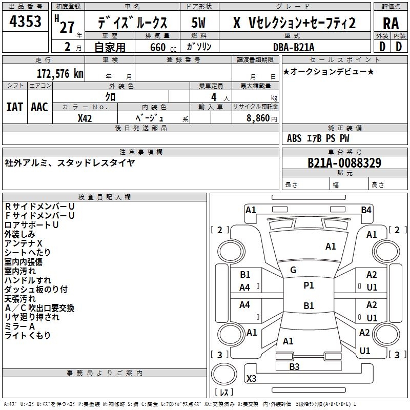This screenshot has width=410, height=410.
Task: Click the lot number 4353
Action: pyautogui.click(x=25, y=22)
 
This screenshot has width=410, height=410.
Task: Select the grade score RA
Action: pyautogui.click(x=391, y=24)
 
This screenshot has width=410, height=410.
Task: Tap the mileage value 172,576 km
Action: pyautogui.click(x=60, y=74)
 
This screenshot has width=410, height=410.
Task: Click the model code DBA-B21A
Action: pyautogui.click(x=294, y=47)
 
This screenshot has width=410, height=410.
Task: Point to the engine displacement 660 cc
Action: pyautogui.click(x=163, y=48)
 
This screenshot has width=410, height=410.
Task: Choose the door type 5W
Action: pyautogui.click(x=198, y=23)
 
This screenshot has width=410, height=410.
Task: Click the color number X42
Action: pyautogui.click(x=85, y=118)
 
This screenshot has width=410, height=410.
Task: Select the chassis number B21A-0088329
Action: pyautogui.click(x=344, y=163)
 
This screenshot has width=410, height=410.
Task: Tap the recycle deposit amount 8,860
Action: pyautogui.click(x=258, y=118)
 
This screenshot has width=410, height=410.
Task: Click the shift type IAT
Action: pyautogui.click(x=14, y=107)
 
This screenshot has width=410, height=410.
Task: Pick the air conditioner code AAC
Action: pyautogui.click(x=39, y=107)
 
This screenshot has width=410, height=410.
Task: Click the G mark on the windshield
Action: pyautogui.click(x=293, y=270)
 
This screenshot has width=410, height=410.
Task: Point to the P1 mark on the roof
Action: pyautogui.click(x=309, y=285)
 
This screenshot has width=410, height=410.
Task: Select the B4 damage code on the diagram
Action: pyautogui.click(x=366, y=210)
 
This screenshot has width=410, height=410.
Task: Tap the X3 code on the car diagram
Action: pyautogui.click(x=251, y=378)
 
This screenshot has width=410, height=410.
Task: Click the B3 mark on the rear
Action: pyautogui.click(x=294, y=366)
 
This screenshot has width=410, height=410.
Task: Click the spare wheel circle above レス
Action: pyautogui.click(x=224, y=374)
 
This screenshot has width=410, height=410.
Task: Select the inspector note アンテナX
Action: pyautogui.click(x=23, y=243)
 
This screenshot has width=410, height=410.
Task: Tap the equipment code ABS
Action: pyautogui.click(x=294, y=138)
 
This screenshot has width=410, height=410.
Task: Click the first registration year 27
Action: pyautogui.click(x=67, y=27)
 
